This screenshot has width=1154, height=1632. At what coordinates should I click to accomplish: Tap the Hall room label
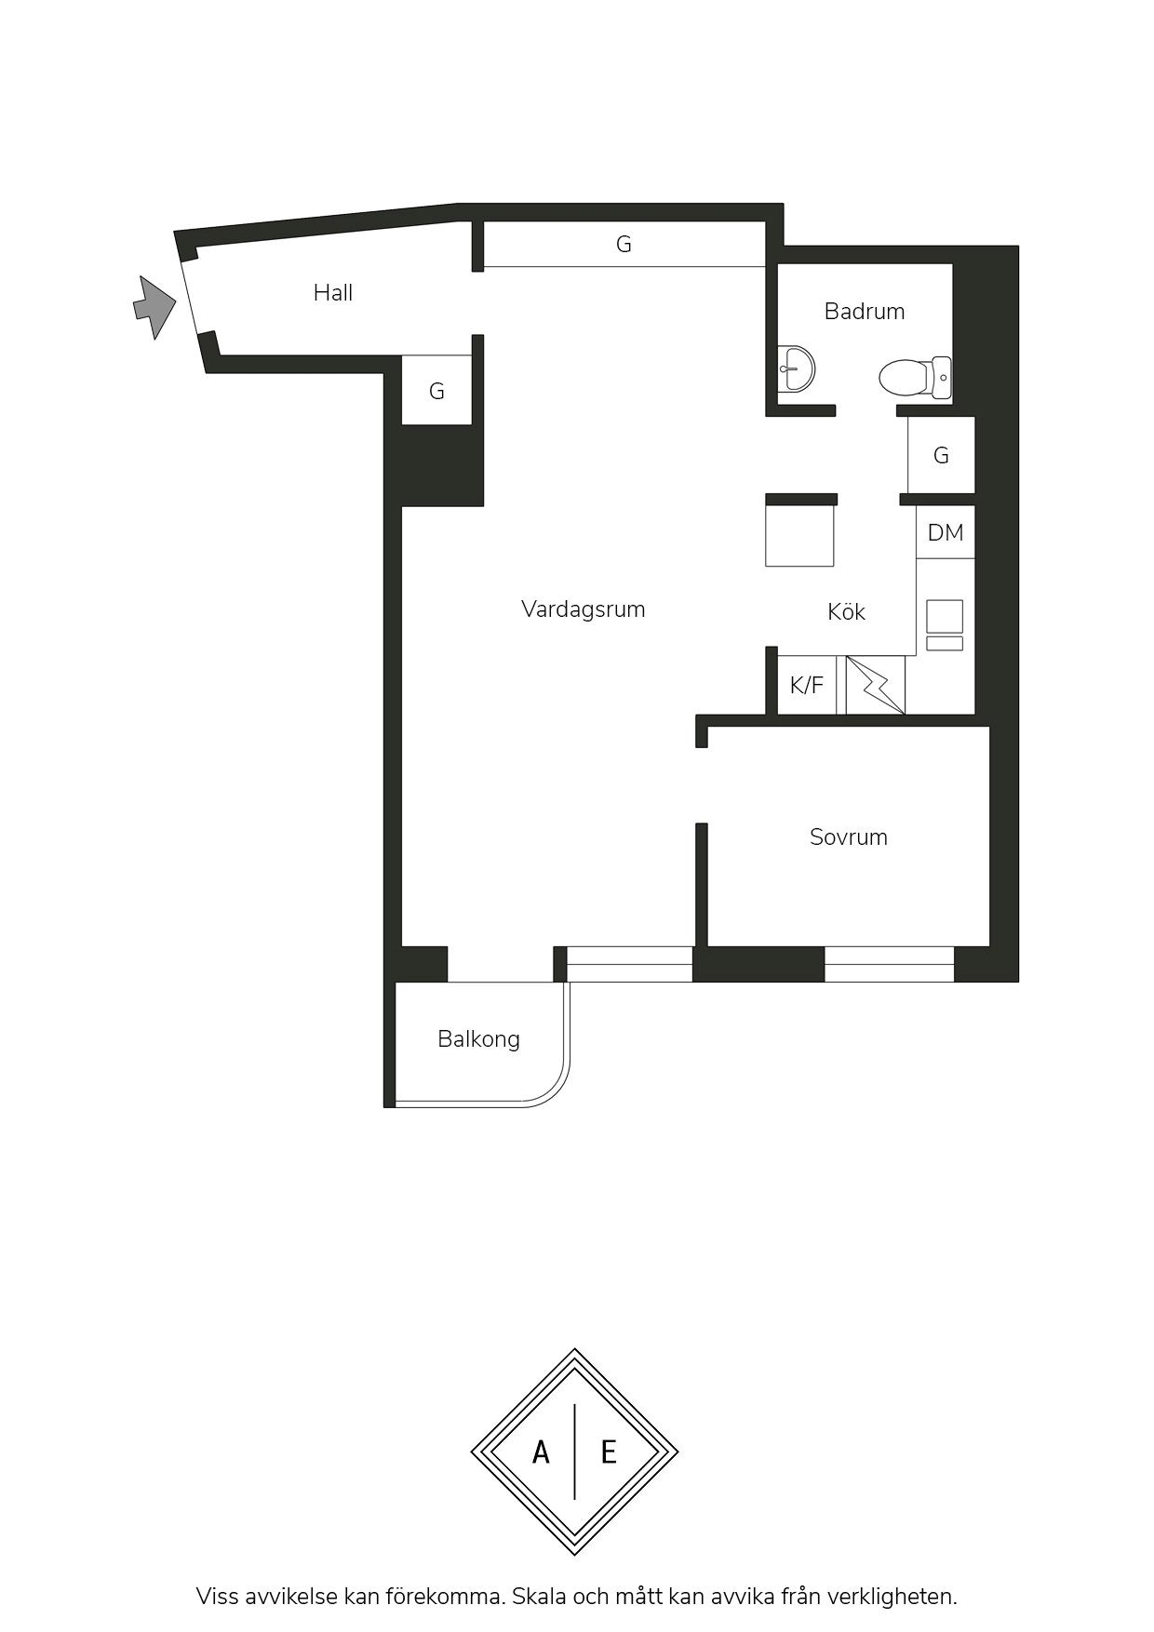tap(333, 293)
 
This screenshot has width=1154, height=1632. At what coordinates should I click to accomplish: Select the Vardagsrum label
tap(583, 609)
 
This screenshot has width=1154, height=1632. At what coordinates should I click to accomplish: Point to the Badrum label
tap(865, 311)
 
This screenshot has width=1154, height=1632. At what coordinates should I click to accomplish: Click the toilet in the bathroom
tap(915, 378)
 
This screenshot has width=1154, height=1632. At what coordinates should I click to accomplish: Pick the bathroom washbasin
tap(795, 368)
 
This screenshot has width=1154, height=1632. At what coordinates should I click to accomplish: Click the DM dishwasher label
tap(946, 532)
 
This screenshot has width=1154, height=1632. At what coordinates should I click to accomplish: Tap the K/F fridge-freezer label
tap(807, 686)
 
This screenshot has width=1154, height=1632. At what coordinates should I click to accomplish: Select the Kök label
tap(846, 611)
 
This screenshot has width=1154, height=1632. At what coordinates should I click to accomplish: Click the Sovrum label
tap(848, 837)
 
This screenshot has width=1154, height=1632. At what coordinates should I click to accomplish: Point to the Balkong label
tap(478, 1039)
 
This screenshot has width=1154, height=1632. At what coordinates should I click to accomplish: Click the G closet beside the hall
tap(436, 391)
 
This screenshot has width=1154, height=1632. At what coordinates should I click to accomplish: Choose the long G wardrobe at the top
tap(624, 244)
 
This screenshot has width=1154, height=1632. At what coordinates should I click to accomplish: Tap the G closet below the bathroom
tap(941, 455)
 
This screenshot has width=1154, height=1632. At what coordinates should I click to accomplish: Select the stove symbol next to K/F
tap(875, 685)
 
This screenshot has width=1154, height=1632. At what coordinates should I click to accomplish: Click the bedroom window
tap(889, 964)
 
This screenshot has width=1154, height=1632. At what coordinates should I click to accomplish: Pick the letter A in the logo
tap(541, 1451)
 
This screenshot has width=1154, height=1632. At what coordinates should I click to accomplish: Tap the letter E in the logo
tap(609, 1451)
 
